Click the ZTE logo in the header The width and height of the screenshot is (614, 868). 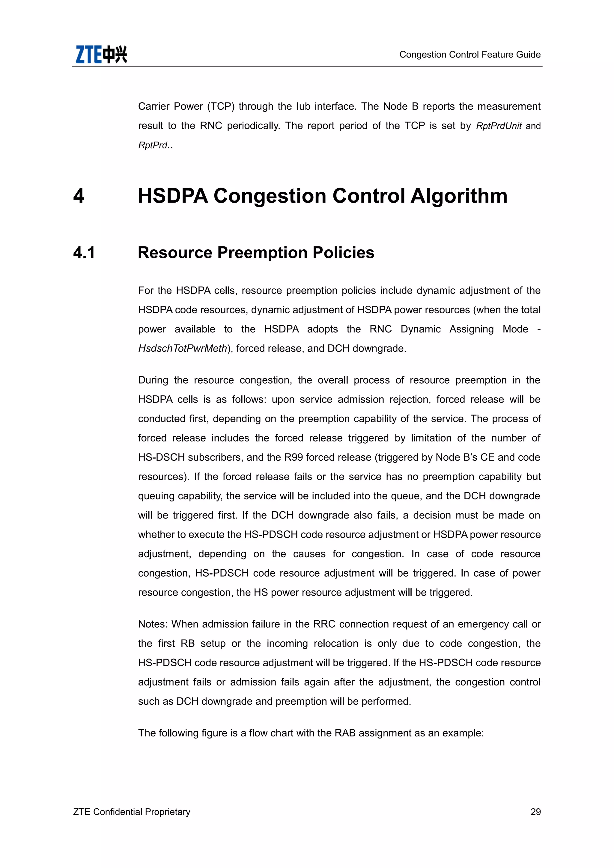click(x=101, y=55)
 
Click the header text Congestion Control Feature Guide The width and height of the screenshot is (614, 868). click(x=469, y=55)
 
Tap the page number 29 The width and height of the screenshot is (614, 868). click(x=535, y=812)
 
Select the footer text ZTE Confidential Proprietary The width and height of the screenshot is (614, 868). click(x=132, y=812)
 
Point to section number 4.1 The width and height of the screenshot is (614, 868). click(x=84, y=253)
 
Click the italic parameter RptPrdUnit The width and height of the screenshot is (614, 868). click(x=498, y=126)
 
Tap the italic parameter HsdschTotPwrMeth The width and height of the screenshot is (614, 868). click(x=183, y=348)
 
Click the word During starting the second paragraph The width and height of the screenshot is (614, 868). click(x=153, y=380)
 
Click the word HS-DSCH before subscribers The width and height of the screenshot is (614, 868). click(x=161, y=457)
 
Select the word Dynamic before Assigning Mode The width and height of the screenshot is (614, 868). click(x=420, y=329)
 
